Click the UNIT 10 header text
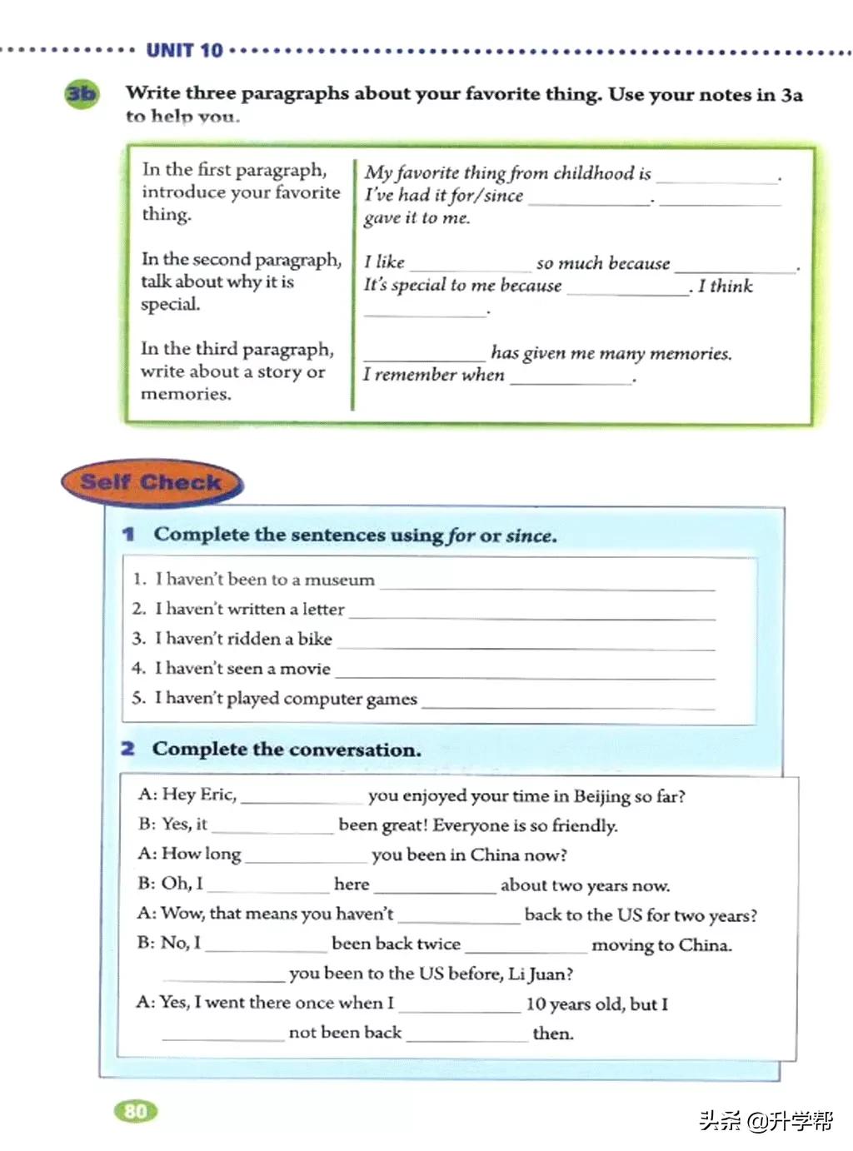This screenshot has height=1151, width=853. pos(184,51)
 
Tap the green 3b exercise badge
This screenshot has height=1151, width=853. pos(81,93)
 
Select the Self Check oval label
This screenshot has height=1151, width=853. pos(151,482)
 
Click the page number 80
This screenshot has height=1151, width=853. pos(135,1110)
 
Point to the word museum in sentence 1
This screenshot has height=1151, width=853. pos(340,580)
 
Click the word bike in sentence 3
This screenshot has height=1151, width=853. pos(315,639)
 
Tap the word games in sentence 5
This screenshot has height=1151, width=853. pos(392,700)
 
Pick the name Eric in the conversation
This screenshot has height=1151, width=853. pos(218,794)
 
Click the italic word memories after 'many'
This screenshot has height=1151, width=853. pos(690,353)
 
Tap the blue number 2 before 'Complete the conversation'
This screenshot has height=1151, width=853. pos(127,749)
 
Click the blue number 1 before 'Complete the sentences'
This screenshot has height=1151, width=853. pos(128,534)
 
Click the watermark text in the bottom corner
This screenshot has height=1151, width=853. pos(766,1120)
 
